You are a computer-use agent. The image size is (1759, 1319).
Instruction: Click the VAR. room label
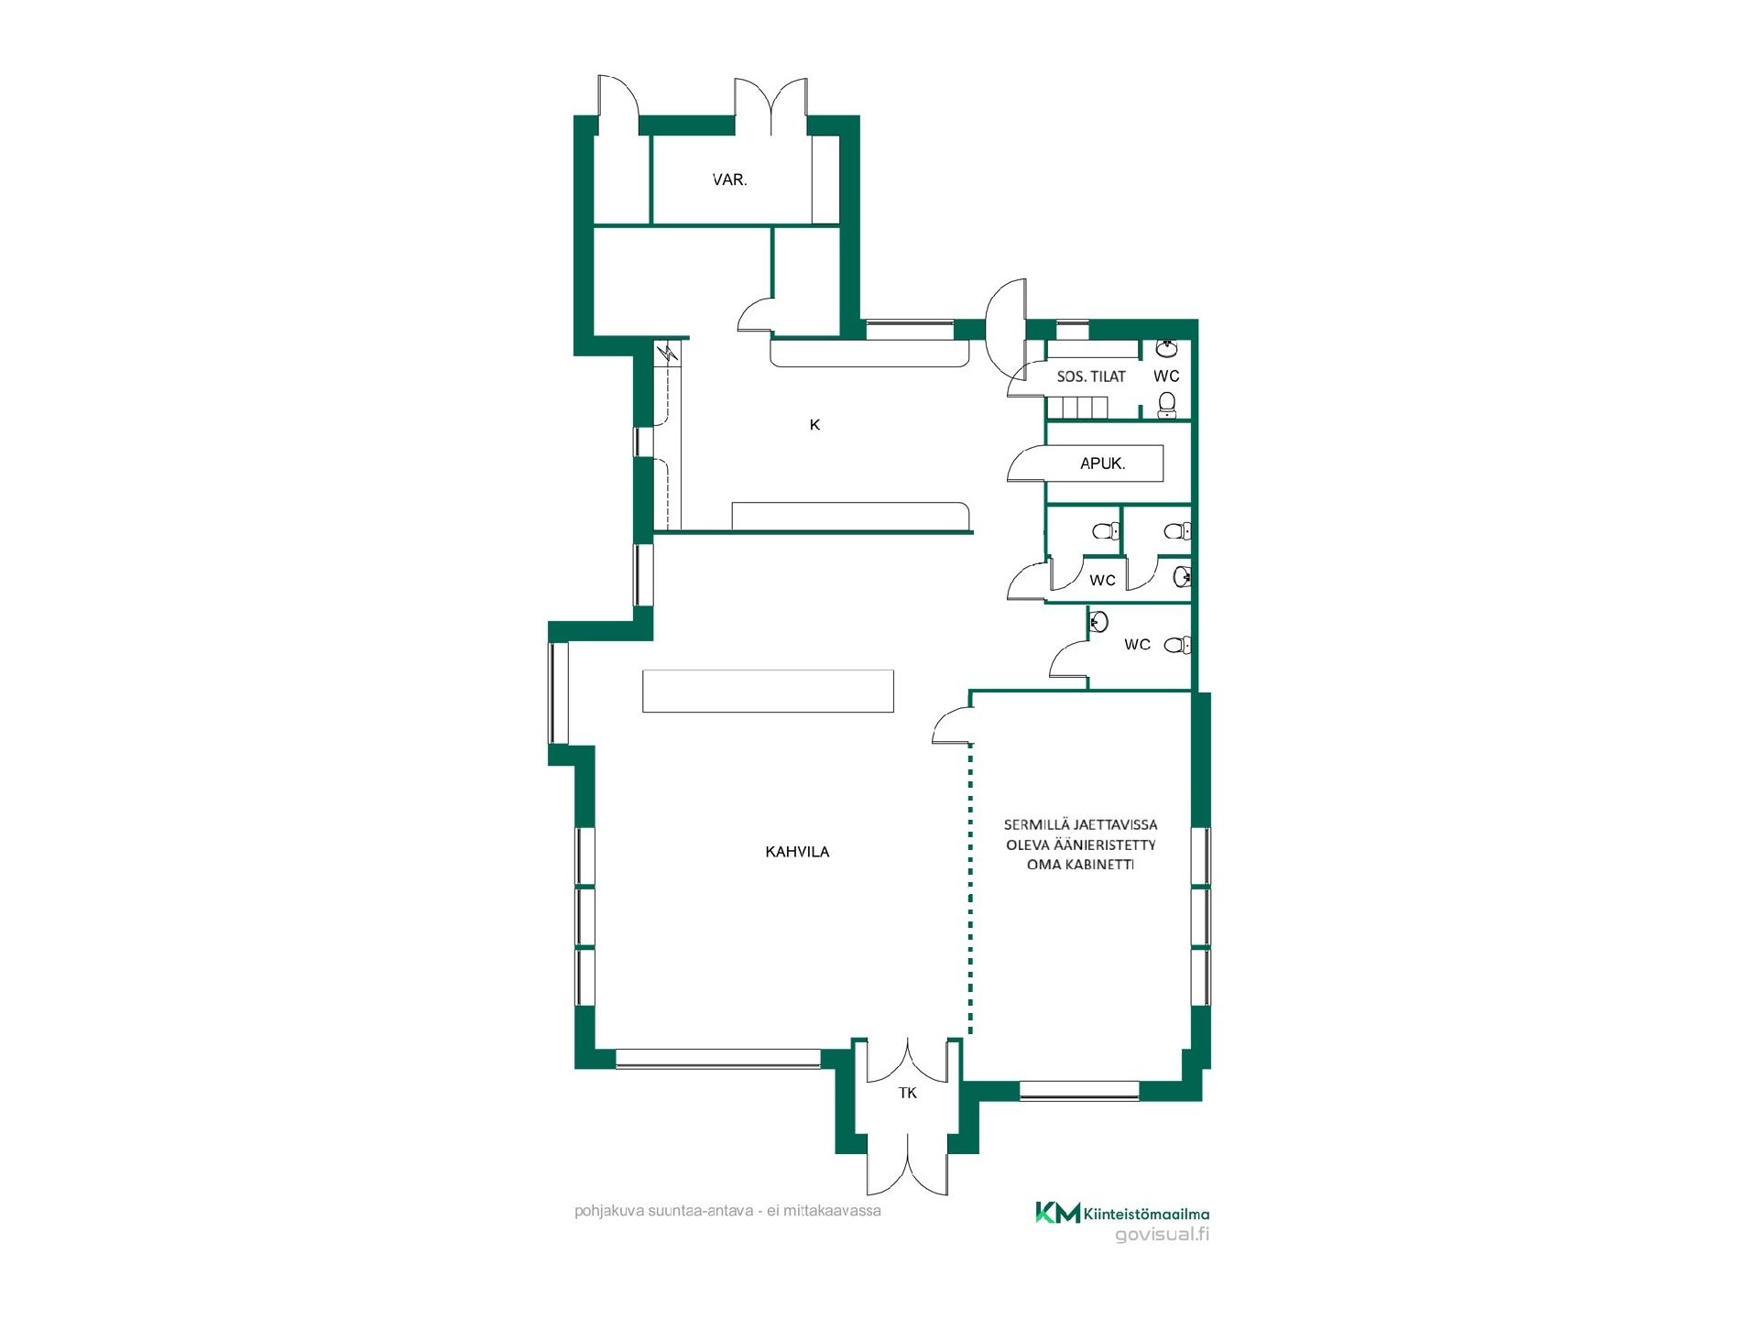coord(730,180)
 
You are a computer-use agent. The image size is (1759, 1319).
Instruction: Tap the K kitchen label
coord(814,425)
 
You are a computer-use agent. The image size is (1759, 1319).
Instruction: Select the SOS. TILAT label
coord(1091,376)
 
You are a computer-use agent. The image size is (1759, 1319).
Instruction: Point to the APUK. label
coord(1103,463)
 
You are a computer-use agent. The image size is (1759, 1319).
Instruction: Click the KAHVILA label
coord(797,852)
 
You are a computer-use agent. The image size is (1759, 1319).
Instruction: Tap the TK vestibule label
coord(908,1093)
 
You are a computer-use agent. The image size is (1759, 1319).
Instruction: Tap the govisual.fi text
coord(1162,1234)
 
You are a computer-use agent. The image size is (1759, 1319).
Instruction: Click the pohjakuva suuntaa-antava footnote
coord(727,1211)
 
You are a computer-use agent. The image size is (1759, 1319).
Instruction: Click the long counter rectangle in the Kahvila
coord(768,691)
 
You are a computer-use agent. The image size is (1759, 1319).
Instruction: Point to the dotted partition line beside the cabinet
coord(970,889)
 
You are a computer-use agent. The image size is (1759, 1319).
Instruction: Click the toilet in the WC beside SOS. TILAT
coord(1167,404)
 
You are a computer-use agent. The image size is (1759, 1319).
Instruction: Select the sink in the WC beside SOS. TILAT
coord(1167,349)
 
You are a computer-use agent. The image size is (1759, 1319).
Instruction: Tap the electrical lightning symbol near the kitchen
coord(669,353)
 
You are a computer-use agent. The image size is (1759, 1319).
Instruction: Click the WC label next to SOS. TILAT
coord(1166,376)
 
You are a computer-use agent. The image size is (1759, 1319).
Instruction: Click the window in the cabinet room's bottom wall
coord(1079,1090)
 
